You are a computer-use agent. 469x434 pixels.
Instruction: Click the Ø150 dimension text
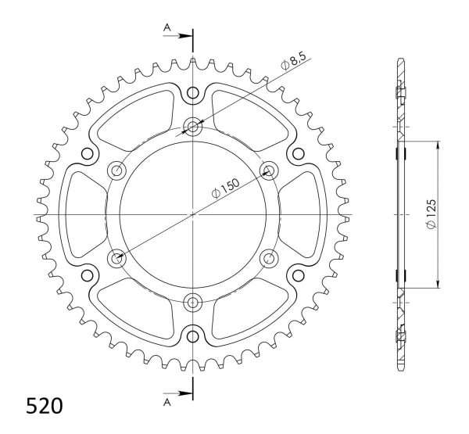tap(226, 188)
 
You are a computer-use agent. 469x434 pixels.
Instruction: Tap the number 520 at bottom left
tap(45, 406)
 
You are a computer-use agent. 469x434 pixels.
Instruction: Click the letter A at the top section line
tap(167, 28)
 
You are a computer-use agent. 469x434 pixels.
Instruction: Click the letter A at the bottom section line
tap(167, 403)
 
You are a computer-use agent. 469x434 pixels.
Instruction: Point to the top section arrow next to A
tap(177, 36)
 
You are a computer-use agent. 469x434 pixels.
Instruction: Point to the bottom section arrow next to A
tap(177, 393)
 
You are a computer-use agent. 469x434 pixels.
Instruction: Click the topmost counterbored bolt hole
tap(193, 127)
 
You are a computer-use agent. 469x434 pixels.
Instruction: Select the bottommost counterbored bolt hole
tap(193, 303)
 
